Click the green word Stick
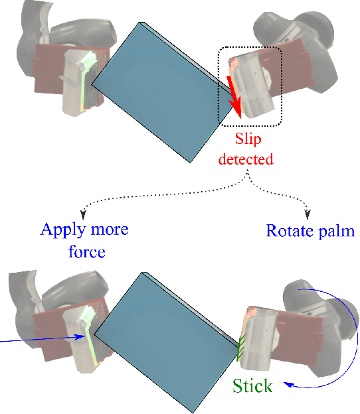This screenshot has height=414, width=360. pos(252,385)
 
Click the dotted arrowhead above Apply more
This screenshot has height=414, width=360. pos(83,214)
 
